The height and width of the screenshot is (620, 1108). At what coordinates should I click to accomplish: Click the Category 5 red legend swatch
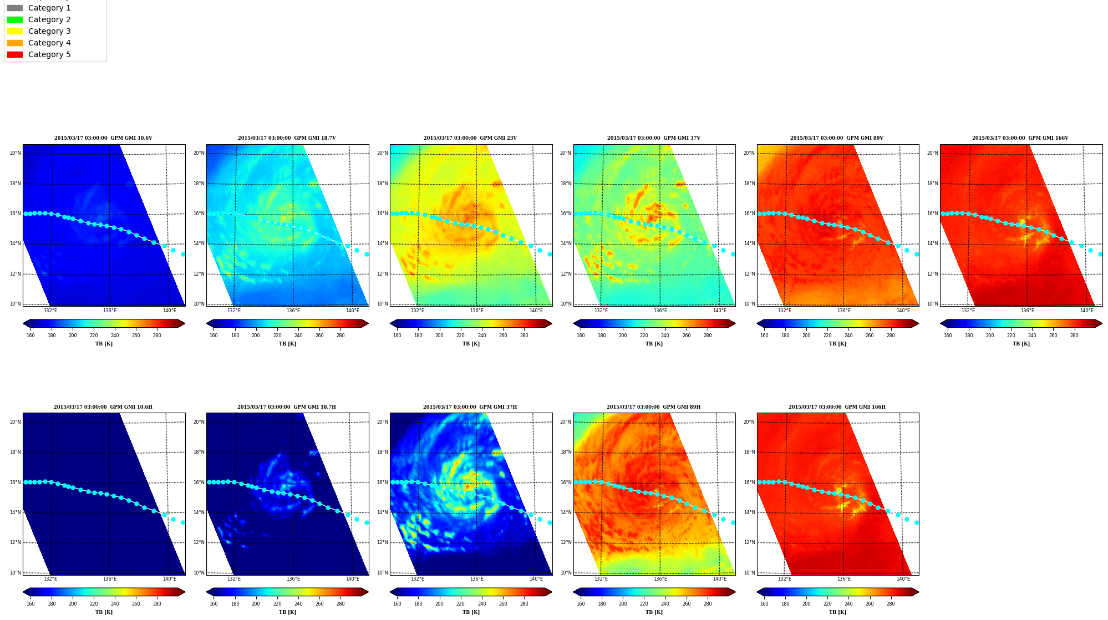click(15, 54)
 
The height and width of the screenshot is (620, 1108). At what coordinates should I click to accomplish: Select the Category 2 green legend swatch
click(15, 19)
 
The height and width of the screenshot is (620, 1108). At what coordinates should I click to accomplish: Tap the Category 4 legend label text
click(49, 43)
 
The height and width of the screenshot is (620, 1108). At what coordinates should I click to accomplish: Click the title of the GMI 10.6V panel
click(103, 138)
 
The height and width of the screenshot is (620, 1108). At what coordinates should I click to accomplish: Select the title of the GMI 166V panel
click(1020, 138)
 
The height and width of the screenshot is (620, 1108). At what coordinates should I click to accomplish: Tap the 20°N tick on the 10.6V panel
click(15, 153)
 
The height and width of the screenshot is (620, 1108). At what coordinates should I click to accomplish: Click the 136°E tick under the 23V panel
click(476, 311)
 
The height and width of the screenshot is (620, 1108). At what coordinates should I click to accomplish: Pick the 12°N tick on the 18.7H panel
click(199, 542)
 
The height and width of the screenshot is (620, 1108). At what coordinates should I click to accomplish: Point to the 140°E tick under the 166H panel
click(903, 579)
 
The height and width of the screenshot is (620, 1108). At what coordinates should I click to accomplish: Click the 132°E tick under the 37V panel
click(601, 311)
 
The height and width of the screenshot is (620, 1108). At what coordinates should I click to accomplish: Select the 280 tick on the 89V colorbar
click(891, 336)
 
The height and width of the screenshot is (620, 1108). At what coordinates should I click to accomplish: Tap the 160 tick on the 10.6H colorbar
click(31, 604)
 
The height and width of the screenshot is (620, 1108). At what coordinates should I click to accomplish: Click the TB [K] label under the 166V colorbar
click(1021, 344)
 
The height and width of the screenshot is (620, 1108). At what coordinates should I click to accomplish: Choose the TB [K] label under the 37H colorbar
click(471, 612)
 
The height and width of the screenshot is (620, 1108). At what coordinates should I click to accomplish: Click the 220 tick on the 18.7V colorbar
click(277, 336)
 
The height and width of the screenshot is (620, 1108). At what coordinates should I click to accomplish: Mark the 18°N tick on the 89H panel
click(565, 452)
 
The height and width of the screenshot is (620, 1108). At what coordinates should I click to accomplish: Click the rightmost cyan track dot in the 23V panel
click(550, 254)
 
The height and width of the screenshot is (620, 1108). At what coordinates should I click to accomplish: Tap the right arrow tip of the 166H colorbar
click(919, 592)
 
